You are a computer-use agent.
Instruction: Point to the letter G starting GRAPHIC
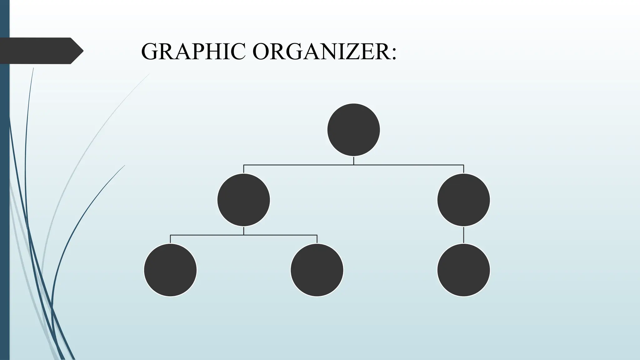click(x=150, y=52)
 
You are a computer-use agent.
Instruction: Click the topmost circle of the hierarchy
click(x=353, y=130)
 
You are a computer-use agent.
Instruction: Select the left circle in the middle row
click(x=243, y=200)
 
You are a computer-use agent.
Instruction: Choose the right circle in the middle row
click(x=463, y=200)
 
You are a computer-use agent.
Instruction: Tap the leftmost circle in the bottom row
click(x=170, y=270)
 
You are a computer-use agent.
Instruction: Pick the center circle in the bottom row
click(x=317, y=270)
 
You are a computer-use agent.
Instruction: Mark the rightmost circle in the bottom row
click(x=463, y=270)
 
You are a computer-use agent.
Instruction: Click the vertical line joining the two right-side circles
click(x=463, y=235)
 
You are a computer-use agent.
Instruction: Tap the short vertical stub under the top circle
click(x=353, y=161)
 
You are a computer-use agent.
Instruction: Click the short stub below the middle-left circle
click(x=243, y=231)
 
